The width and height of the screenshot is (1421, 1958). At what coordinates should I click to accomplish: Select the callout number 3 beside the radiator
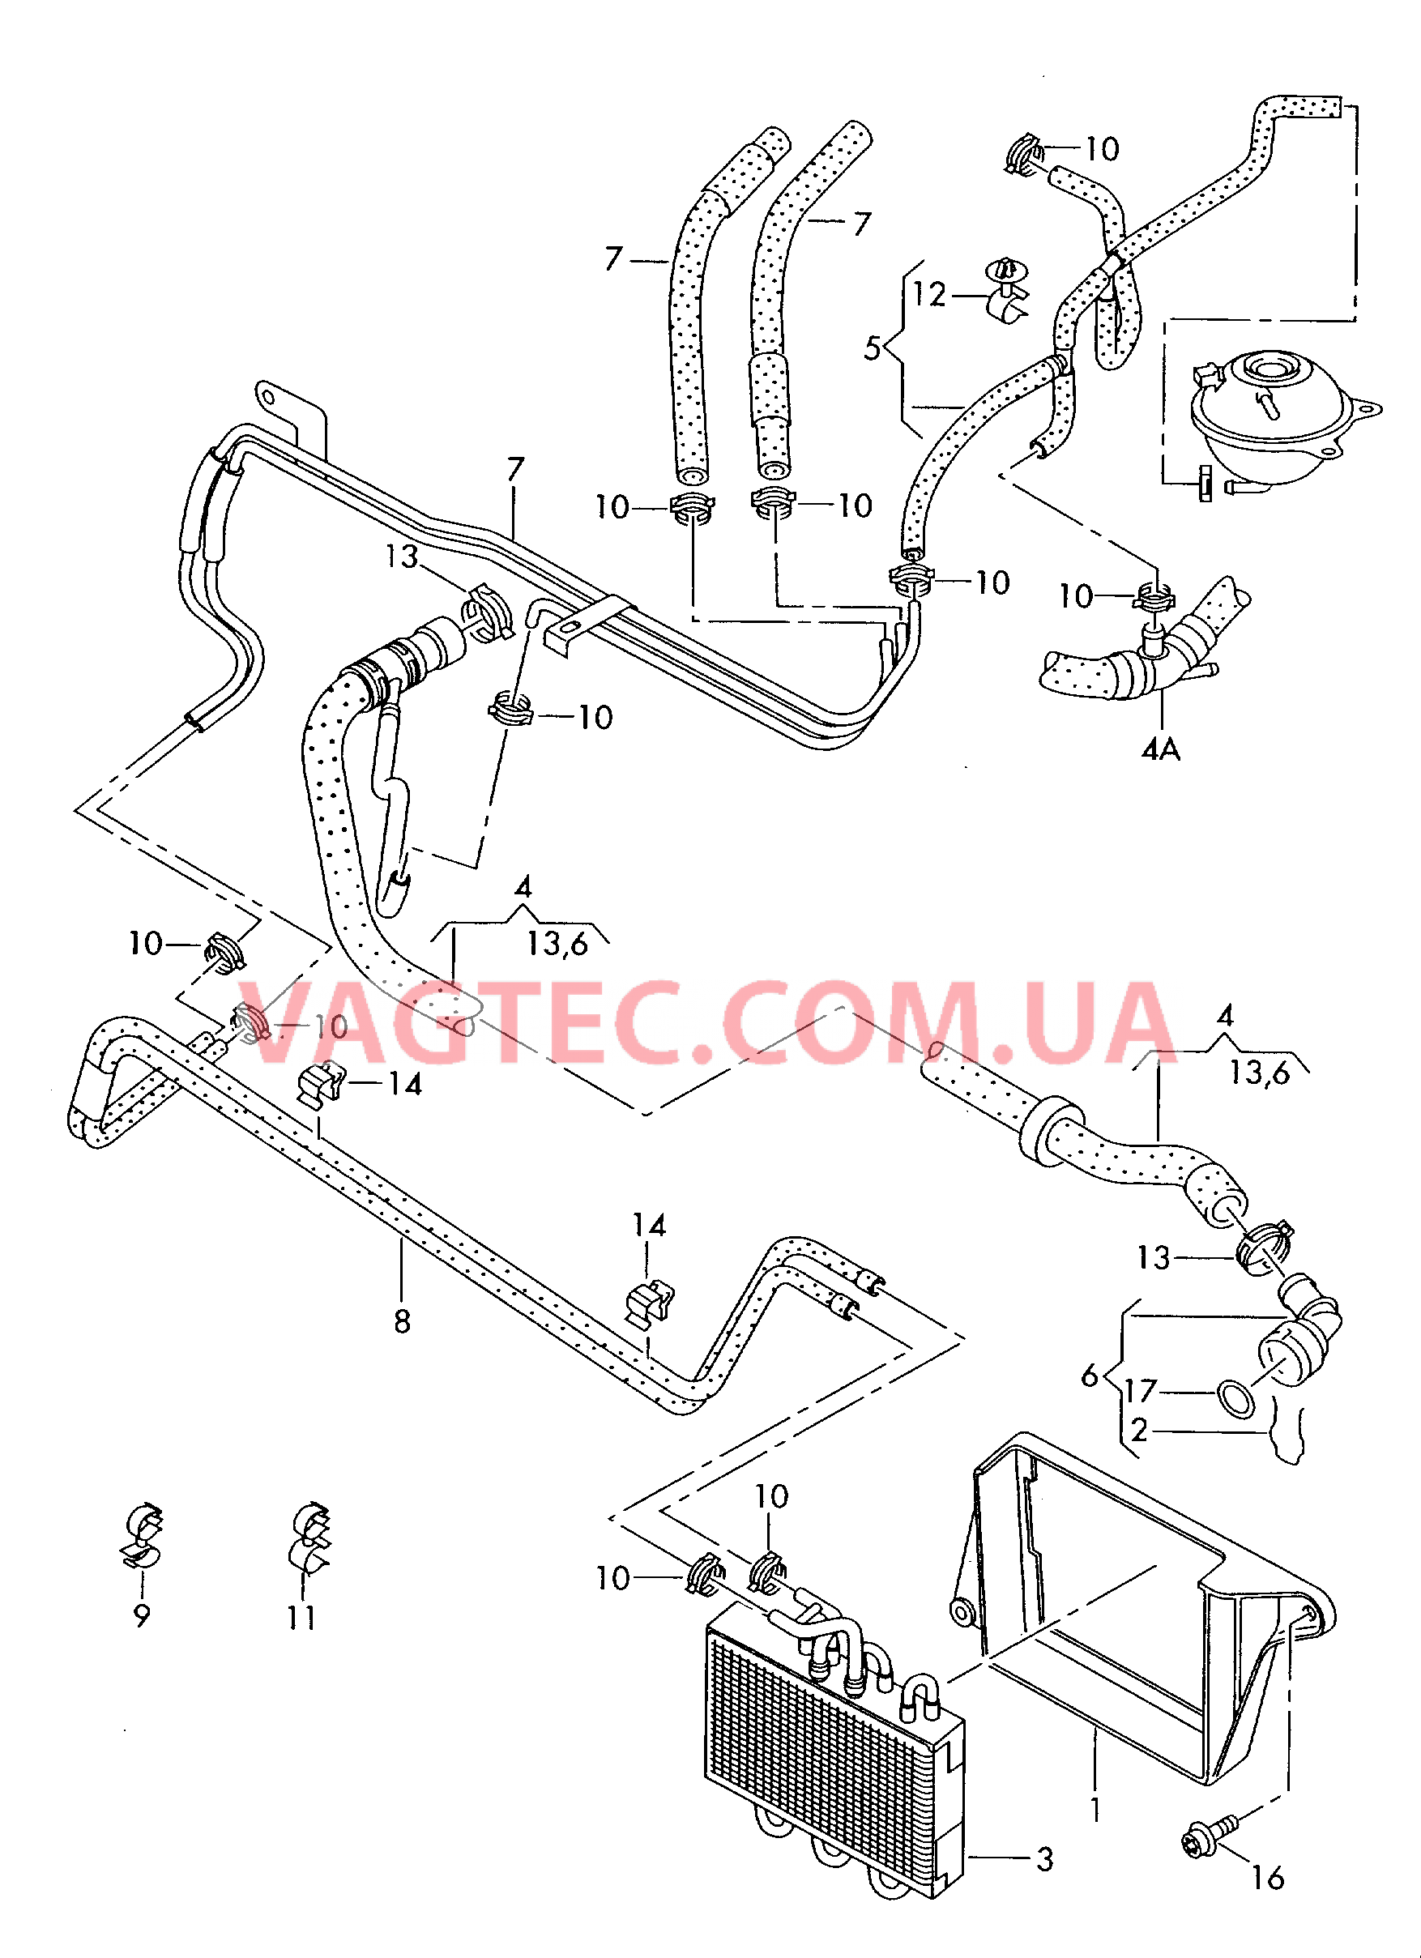1044,1858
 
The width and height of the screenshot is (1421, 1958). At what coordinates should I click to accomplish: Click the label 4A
1161,749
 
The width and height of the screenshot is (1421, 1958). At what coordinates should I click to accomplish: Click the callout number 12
930,295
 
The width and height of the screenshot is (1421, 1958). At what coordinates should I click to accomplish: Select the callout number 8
403,1322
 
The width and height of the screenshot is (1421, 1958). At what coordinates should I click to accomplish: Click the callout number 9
143,1615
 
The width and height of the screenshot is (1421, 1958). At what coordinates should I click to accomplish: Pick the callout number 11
301,1617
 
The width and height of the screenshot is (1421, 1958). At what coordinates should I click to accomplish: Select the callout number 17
1140,1391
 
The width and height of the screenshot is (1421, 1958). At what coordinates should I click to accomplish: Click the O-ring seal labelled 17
1235,1398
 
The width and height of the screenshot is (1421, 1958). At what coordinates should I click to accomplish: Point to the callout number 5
872,349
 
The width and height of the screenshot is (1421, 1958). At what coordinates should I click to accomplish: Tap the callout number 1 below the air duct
1095,1810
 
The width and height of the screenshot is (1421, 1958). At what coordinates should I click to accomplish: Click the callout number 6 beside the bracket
1090,1376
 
